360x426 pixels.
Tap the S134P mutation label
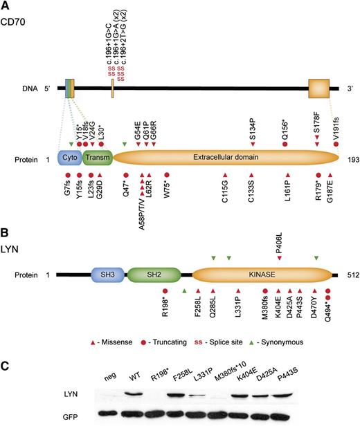252,132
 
